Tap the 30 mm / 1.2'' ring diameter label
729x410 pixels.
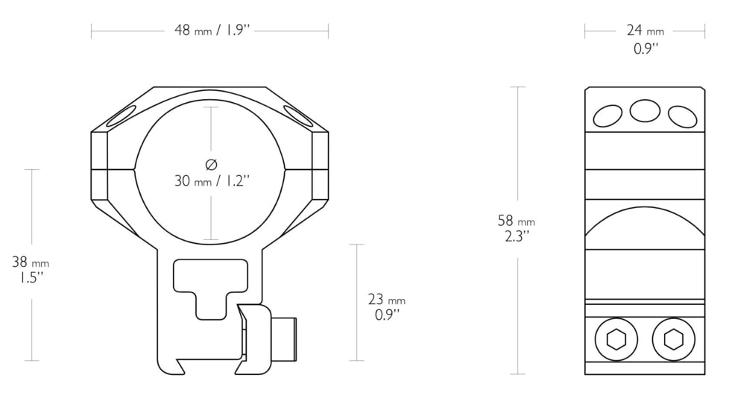coord(211,180)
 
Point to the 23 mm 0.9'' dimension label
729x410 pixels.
coord(387,306)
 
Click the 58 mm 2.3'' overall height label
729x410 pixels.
coord(517,229)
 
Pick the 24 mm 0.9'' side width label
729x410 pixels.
coord(645,40)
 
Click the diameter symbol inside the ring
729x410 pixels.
coord(211,164)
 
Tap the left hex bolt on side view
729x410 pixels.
coord(616,340)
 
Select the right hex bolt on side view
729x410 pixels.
coord(673,340)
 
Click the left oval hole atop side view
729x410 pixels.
coord(607,116)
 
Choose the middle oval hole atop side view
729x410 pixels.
coord(645,111)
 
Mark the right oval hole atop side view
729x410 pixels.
coord(682,116)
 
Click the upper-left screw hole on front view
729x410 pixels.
coord(122,116)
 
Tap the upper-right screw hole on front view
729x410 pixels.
coord(298,116)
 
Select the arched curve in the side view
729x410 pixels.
coord(645,224)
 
